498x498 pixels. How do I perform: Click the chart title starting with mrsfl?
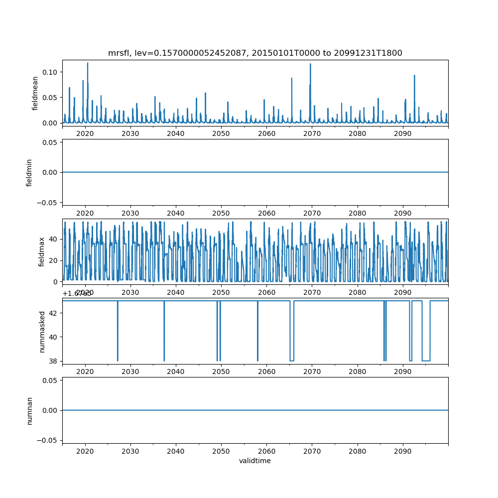[x=255, y=53]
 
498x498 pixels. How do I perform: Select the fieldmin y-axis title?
[x=29, y=172]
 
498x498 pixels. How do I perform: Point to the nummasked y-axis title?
[x=42, y=332]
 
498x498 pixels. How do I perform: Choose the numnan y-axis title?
[x=29, y=410]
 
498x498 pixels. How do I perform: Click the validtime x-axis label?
[x=255, y=461]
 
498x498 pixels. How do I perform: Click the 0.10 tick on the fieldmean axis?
[x=50, y=72]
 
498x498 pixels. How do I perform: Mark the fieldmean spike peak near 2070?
[x=310, y=64]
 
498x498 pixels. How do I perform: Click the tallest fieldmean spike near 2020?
[x=88, y=63]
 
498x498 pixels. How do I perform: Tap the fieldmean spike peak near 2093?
[x=414, y=76]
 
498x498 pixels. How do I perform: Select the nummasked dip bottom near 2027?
[x=118, y=360]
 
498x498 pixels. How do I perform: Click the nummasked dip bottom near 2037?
[x=164, y=360]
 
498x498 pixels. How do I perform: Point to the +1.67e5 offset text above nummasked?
[x=77, y=294]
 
